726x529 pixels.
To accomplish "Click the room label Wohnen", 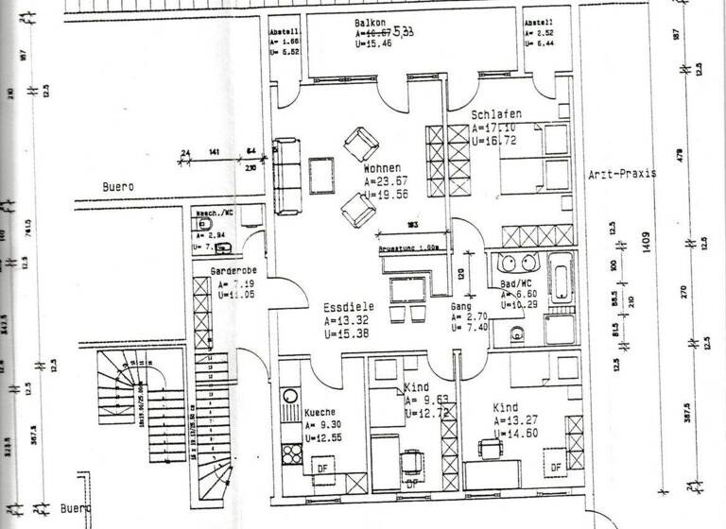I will pyautogui.click(x=383, y=167).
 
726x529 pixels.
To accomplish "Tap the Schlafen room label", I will pyautogui.click(x=496, y=115).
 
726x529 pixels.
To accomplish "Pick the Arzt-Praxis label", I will pyautogui.click(x=622, y=175).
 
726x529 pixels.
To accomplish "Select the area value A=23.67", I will pyautogui.click(x=386, y=181).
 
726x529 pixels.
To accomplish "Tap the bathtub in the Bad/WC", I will pyautogui.click(x=562, y=281).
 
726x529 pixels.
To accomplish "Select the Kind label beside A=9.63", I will pyautogui.click(x=417, y=388).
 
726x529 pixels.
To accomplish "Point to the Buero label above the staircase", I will pyautogui.click(x=119, y=187).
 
